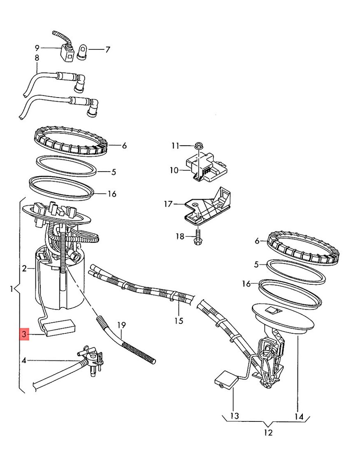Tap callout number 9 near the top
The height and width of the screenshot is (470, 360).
(x=37, y=48)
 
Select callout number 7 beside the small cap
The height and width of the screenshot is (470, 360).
(x=107, y=50)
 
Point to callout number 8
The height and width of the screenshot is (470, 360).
(x=37, y=58)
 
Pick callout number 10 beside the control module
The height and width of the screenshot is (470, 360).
(x=174, y=170)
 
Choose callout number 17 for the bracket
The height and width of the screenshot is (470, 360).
(x=167, y=203)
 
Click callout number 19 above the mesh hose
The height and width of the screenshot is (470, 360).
(x=121, y=325)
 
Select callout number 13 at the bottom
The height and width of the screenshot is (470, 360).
(x=234, y=416)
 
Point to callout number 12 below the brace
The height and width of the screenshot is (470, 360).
(x=268, y=433)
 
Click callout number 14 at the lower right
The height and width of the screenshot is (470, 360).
(x=298, y=417)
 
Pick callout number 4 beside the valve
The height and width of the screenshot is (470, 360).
(x=24, y=361)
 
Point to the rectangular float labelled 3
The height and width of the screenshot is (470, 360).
(x=60, y=328)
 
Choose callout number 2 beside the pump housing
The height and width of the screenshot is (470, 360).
(x=25, y=269)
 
